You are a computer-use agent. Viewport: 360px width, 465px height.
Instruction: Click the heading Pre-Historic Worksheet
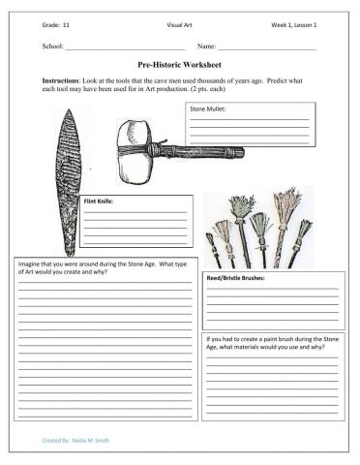click(179, 61)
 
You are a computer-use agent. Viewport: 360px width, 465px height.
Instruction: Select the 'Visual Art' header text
click(180, 21)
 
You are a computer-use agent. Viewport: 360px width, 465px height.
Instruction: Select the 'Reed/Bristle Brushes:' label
click(236, 278)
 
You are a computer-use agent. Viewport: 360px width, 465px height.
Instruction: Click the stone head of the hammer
click(135, 153)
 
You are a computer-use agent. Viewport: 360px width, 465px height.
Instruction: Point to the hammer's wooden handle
click(203, 151)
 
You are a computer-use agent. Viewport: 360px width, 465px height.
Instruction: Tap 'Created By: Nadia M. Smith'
click(76, 440)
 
